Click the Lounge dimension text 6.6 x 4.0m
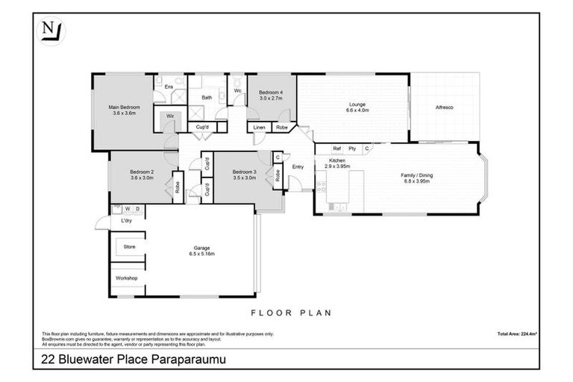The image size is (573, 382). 354,110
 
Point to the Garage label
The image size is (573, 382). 202,248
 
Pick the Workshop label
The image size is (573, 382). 127,278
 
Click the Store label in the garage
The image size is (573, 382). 130,245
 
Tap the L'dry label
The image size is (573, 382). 127,222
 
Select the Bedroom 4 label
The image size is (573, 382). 270,92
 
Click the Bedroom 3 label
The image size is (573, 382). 243,172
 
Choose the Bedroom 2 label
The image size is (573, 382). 141,172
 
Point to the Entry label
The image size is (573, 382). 298,166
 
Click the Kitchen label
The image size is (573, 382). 337,161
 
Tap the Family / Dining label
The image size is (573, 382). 417,175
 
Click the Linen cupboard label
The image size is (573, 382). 260,128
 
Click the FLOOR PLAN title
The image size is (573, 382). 290,313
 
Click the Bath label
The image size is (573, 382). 206,98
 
